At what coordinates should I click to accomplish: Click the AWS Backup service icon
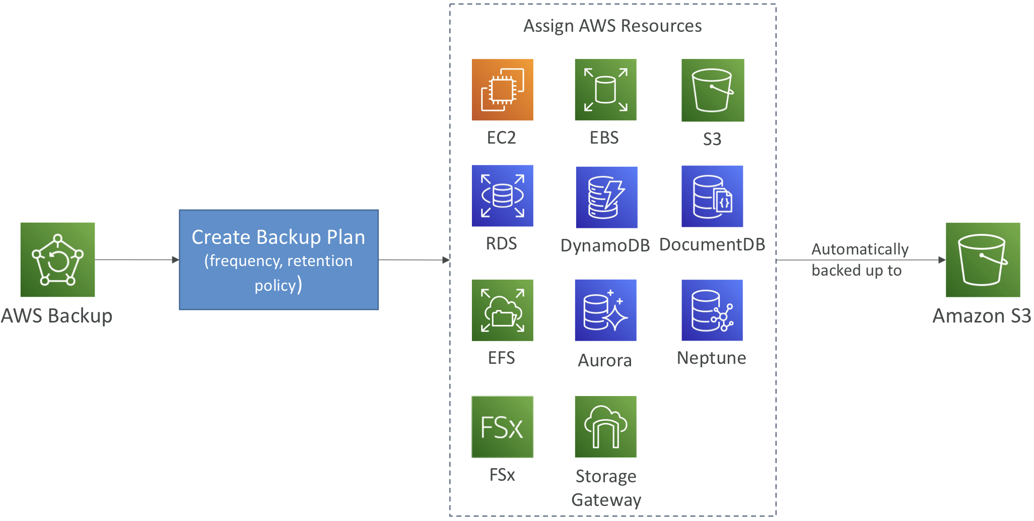click(57, 259)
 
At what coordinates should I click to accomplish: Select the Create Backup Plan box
click(279, 259)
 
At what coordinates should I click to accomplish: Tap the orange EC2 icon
click(502, 90)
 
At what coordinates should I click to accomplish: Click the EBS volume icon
click(605, 90)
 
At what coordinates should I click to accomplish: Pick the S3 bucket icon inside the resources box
click(713, 90)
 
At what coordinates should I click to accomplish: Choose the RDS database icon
click(502, 196)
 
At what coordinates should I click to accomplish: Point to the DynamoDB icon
click(606, 197)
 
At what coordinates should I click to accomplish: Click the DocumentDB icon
click(712, 196)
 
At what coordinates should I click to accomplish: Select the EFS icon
click(502, 310)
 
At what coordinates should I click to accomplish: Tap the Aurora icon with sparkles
click(605, 310)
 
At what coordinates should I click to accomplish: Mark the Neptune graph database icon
click(712, 310)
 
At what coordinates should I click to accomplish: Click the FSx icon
click(502, 427)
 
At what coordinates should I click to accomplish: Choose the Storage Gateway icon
click(605, 427)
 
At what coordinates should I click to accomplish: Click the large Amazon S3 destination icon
click(983, 259)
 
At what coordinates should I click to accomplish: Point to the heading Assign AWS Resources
click(612, 26)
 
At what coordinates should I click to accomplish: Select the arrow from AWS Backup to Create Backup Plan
click(137, 260)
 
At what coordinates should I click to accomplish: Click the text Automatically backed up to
click(860, 260)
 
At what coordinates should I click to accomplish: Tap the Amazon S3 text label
click(982, 316)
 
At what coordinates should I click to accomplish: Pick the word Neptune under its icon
click(711, 358)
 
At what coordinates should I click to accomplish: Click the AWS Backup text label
click(57, 316)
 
